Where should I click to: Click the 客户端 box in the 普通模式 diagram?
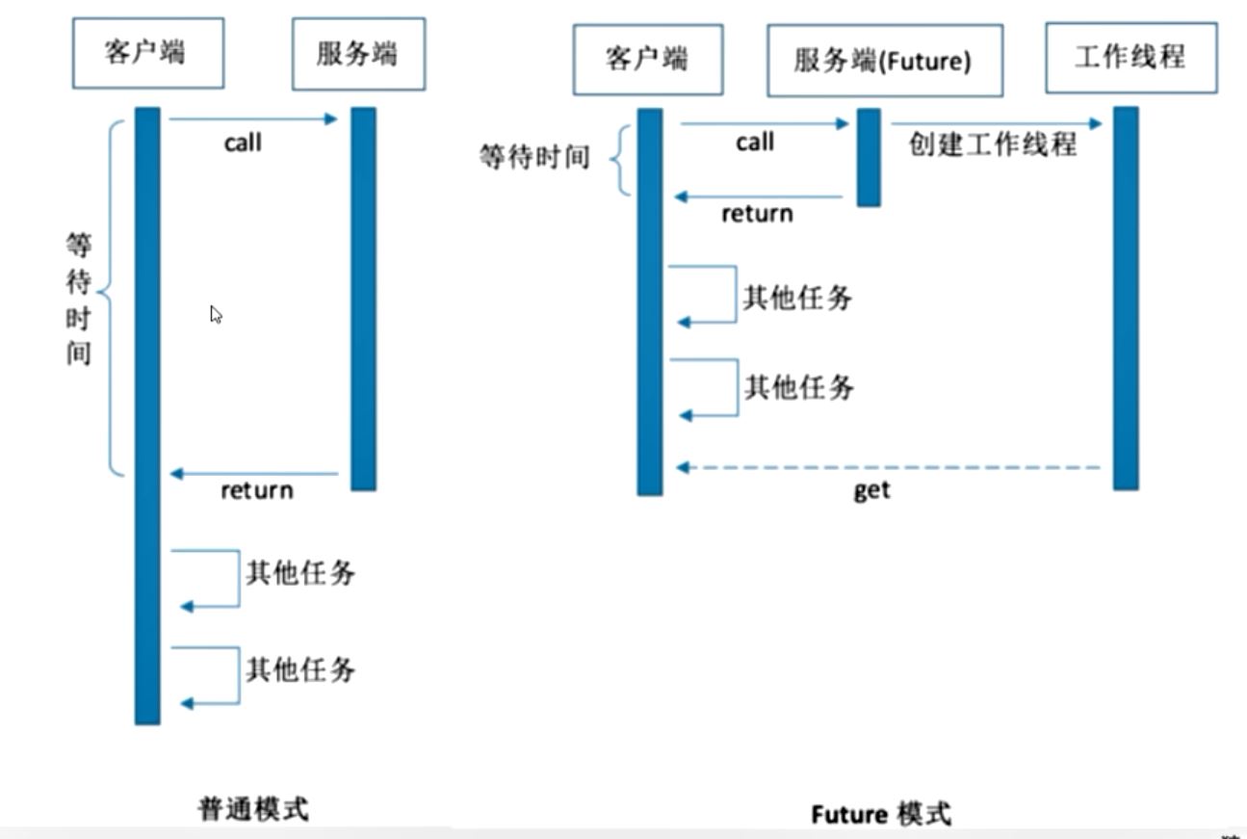(x=148, y=53)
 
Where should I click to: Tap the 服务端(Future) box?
(x=884, y=61)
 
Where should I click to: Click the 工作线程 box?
(x=1130, y=58)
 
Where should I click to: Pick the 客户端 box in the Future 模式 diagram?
(x=647, y=60)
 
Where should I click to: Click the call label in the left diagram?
(x=243, y=144)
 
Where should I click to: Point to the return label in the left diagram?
(x=256, y=490)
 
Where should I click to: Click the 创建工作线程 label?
(x=992, y=145)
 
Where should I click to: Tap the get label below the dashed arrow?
(x=871, y=490)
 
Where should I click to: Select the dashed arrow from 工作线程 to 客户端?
(x=891, y=467)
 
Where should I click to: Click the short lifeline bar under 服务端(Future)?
(x=869, y=157)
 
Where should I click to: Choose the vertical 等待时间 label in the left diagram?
(x=78, y=299)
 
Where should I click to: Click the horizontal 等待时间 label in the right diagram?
(x=533, y=156)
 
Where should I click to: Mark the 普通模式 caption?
(x=253, y=808)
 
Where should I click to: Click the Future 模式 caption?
(x=880, y=814)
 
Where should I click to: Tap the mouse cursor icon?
(x=216, y=315)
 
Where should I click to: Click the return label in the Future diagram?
(x=757, y=213)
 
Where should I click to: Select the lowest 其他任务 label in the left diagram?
(x=300, y=669)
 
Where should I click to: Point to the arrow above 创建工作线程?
(x=996, y=123)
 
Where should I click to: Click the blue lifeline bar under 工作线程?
(x=1126, y=298)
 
